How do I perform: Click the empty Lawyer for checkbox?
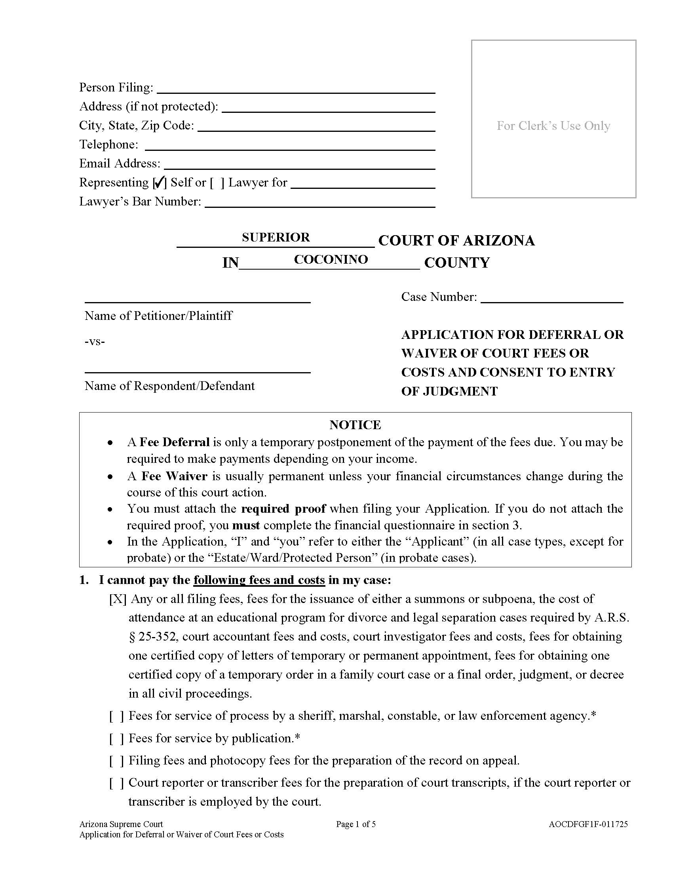(217, 183)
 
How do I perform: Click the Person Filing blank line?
(296, 89)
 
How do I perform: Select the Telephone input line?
(289, 146)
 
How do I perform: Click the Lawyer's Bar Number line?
(319, 203)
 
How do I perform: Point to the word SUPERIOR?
(276, 237)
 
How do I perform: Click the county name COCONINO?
(331, 259)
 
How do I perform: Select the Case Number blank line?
(551, 298)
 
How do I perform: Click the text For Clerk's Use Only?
(553, 126)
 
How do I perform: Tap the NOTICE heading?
(355, 425)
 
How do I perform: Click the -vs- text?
(95, 341)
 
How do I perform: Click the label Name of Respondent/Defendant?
(169, 386)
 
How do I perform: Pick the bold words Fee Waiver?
(174, 476)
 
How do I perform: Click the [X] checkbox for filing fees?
(118, 599)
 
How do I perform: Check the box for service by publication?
(116, 739)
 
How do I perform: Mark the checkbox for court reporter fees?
(116, 783)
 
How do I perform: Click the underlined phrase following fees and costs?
(259, 580)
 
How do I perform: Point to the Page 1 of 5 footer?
(356, 824)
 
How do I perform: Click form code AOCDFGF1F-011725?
(587, 824)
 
